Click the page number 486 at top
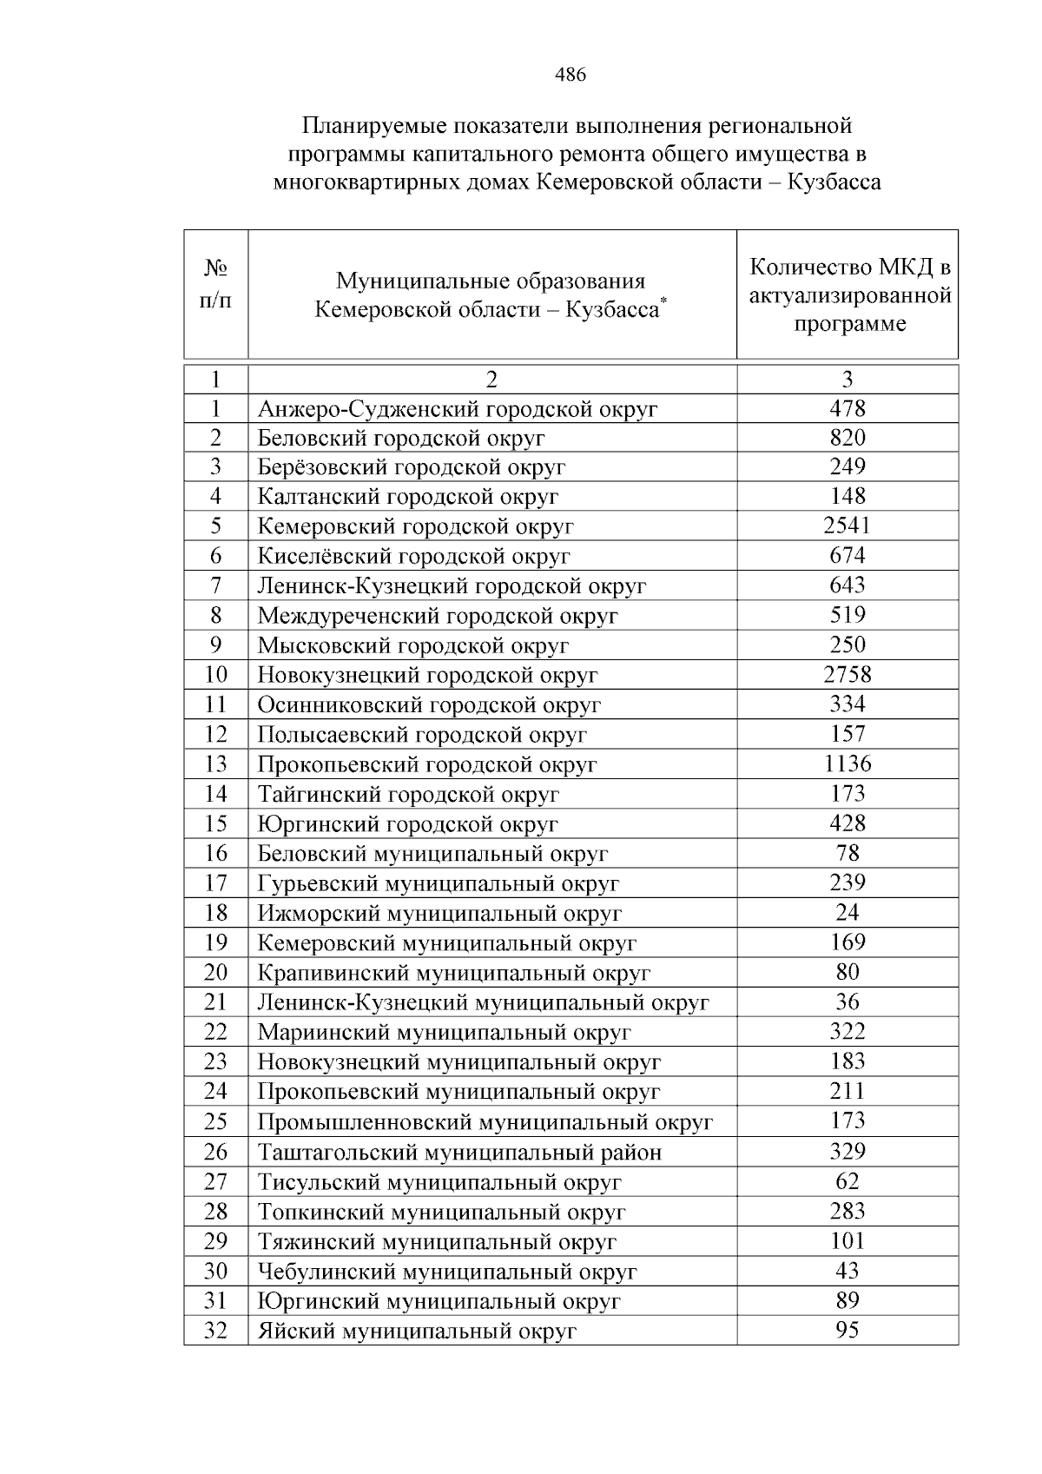tap(570, 75)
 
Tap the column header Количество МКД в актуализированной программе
tap(849, 295)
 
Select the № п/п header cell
tap(215, 288)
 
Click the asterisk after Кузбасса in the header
tap(663, 300)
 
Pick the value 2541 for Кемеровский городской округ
tap(847, 525)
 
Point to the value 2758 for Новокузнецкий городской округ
tap(847, 674)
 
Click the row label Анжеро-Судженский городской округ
tap(458, 408)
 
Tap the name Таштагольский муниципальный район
tap(459, 1152)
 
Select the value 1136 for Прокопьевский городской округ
tap(847, 763)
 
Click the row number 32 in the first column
tap(215, 1330)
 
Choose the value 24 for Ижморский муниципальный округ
tap(847, 912)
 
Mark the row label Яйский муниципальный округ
tap(417, 1331)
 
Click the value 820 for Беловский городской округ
tap(847, 437)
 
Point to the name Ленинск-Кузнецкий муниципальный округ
tap(483, 1002)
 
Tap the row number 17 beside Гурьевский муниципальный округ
tap(215, 882)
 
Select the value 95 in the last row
tap(847, 1330)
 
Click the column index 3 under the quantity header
tap(847, 379)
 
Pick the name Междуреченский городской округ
tap(438, 616)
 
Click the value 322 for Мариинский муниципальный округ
tap(847, 1031)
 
